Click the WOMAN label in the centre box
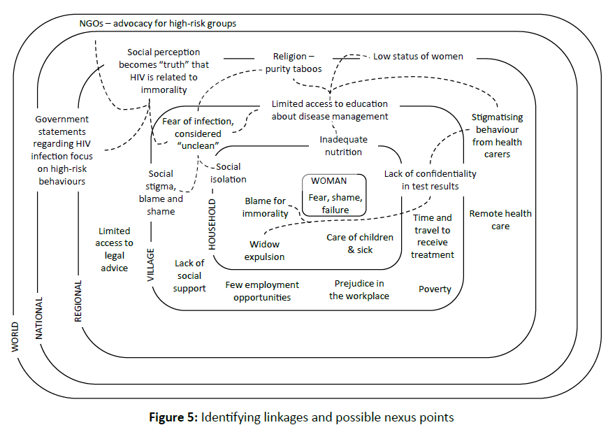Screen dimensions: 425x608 tap(328, 181)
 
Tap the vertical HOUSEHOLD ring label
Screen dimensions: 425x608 tap(212, 224)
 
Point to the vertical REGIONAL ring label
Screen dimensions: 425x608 tap(78, 301)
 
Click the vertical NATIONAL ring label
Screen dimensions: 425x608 tap(39, 318)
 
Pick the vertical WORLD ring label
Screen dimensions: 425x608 tap(15, 336)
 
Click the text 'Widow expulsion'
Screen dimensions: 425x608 tap(264, 250)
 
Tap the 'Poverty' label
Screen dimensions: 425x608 tap(435, 289)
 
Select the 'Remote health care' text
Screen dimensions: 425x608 tap(500, 219)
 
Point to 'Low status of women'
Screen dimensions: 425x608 tap(418, 57)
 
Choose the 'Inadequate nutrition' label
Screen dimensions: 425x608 tap(343, 146)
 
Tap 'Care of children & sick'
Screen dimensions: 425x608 tap(360, 243)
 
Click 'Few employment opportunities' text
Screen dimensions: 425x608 tap(262, 291)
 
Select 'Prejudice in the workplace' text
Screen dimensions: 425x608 tap(359, 289)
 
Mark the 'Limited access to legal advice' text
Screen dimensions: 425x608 tap(115, 250)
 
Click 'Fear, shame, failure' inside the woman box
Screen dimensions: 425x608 tap(335, 203)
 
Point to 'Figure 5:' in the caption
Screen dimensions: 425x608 tap(173, 417)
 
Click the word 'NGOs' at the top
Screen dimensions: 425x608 tap(92, 24)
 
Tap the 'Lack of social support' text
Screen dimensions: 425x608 tap(189, 275)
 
